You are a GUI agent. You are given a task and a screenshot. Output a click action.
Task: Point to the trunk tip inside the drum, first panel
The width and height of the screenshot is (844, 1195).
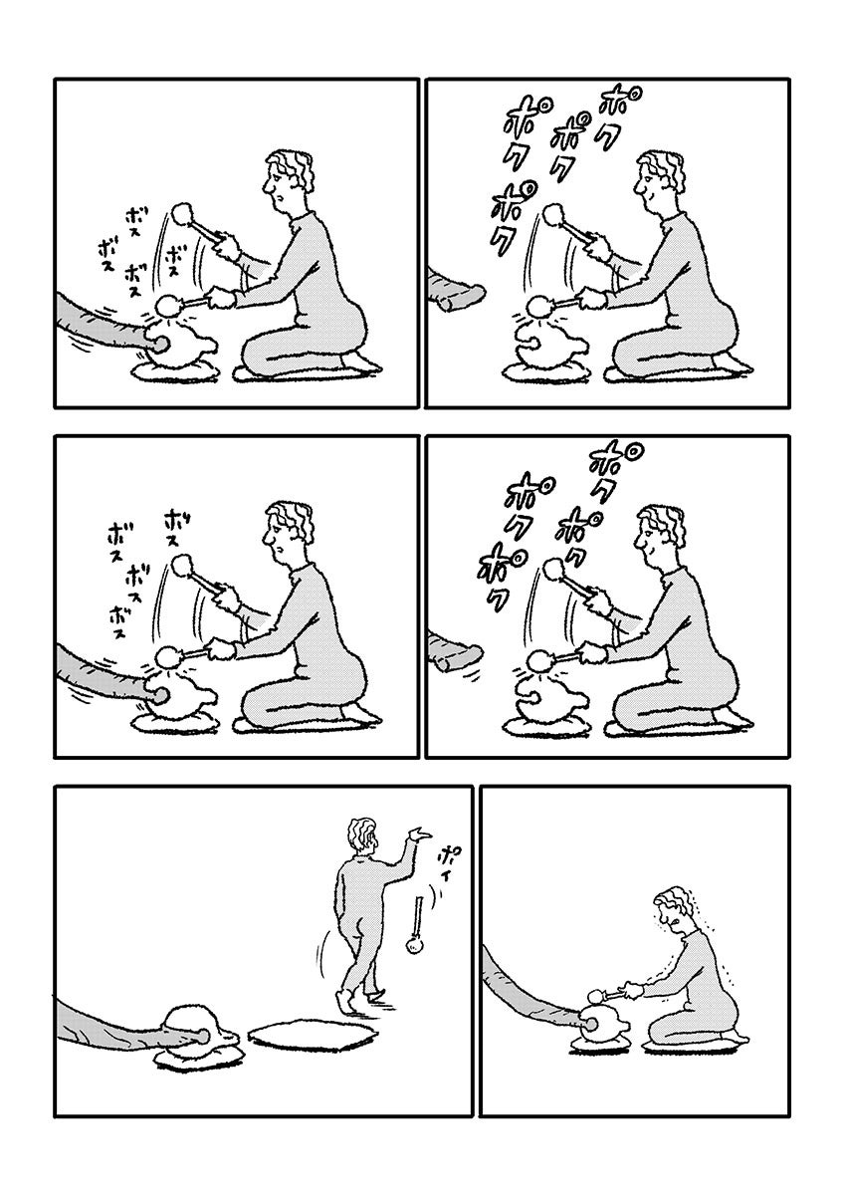pos(158,346)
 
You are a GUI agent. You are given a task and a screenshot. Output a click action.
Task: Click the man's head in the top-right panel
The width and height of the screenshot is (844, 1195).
pos(660,180)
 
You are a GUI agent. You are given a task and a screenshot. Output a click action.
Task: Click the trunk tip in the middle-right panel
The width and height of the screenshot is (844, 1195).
pos(469,653)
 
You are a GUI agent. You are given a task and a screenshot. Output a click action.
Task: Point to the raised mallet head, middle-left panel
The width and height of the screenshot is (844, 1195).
pos(182,565)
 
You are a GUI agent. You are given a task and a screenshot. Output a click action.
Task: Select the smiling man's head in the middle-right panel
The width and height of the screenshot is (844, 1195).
pos(660,534)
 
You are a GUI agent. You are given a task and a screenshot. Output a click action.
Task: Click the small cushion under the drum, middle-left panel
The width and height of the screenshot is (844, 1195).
pos(177,725)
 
